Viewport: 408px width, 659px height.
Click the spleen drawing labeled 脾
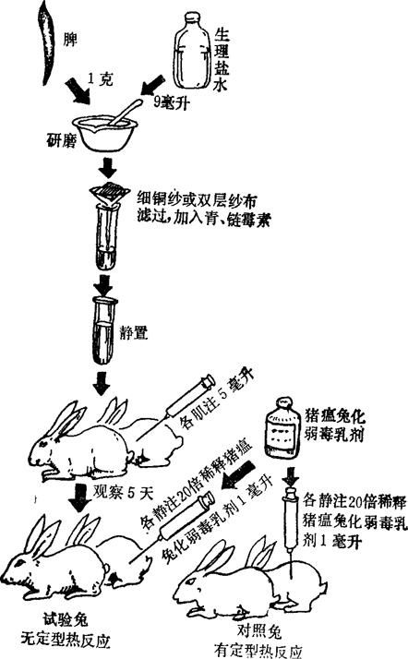tap(48, 42)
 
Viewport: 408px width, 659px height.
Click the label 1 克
tap(101, 78)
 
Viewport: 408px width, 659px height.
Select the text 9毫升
tap(170, 102)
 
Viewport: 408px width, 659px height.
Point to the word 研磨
tap(61, 141)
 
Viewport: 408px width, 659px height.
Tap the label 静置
tap(134, 333)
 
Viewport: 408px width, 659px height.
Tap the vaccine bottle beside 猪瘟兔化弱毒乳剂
tap(282, 428)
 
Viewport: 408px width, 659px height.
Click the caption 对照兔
tap(258, 630)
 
